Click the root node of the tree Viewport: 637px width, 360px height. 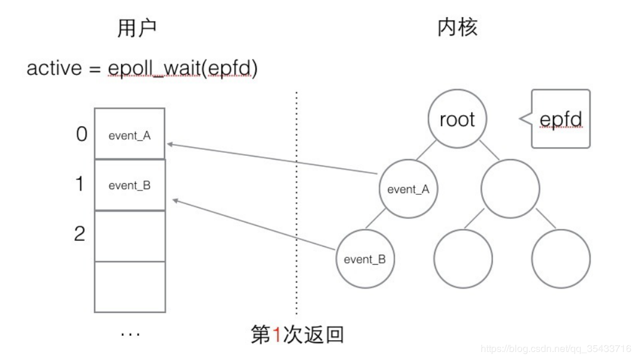[x=457, y=119]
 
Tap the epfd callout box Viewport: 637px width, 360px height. [x=561, y=119]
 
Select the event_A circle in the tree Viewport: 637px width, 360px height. [x=408, y=189]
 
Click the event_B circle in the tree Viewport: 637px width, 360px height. [x=365, y=259]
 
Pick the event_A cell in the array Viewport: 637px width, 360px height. [x=130, y=135]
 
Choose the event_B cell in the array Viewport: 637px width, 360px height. [x=130, y=185]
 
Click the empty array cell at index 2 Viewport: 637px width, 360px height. [x=130, y=236]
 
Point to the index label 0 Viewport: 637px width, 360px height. [x=81, y=134]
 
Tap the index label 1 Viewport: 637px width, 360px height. [x=80, y=184]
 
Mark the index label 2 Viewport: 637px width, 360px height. [x=80, y=234]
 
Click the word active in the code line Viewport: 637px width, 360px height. [x=54, y=67]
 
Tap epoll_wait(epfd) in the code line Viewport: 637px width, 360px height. [x=182, y=68]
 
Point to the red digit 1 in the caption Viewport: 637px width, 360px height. [x=277, y=335]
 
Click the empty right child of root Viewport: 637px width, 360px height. [x=510, y=189]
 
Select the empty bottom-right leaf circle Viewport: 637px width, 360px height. [x=560, y=259]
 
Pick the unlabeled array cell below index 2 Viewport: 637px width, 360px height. [x=130, y=286]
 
